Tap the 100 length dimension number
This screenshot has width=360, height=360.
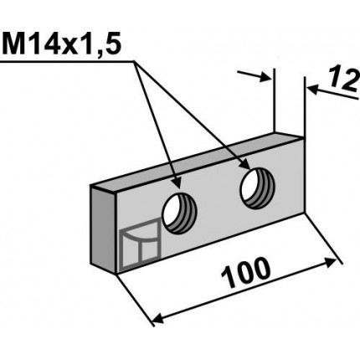pos(245,273)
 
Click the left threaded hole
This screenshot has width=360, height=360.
pos(180,213)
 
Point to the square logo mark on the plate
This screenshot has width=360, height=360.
pos(141,244)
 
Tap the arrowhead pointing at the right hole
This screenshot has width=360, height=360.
pos(244,164)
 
